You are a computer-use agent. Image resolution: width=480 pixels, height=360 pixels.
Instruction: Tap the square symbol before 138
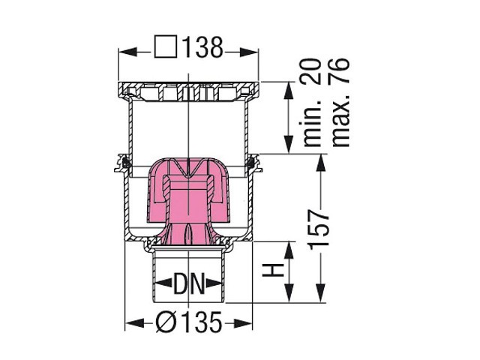(166, 46)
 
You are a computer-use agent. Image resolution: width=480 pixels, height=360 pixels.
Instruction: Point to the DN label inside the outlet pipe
(189, 283)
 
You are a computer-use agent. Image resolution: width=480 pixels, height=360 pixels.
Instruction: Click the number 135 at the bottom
(201, 322)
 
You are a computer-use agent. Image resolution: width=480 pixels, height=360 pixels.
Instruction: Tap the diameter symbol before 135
(166, 322)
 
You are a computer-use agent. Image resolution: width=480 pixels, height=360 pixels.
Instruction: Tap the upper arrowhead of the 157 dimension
(320, 163)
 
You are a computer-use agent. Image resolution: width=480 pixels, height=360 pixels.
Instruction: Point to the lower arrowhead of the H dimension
(289, 293)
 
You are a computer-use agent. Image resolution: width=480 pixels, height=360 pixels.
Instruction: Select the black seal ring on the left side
(125, 162)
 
